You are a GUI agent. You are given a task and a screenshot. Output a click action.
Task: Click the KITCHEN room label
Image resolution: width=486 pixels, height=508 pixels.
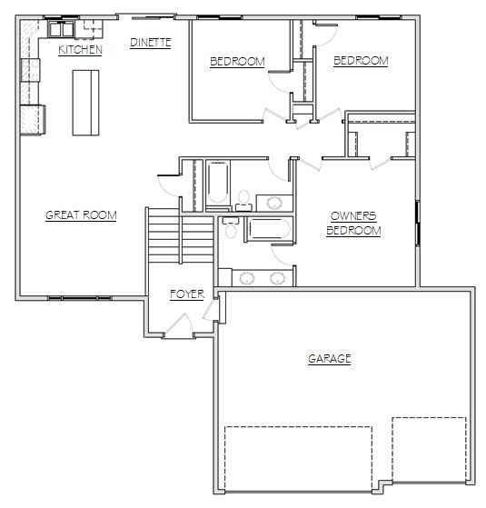[x=80, y=50]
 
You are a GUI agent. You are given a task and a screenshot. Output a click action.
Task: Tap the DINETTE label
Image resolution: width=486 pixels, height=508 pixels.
[x=151, y=43]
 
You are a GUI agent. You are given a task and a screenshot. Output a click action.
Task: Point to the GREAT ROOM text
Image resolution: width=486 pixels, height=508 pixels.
[x=81, y=215]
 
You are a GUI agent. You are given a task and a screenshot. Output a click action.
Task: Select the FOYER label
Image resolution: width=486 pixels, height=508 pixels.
[x=187, y=294]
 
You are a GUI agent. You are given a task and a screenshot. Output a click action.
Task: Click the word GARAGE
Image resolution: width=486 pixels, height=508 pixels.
[x=330, y=359]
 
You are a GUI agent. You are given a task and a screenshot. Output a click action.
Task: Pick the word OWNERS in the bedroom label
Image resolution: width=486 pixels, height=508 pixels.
[x=353, y=216]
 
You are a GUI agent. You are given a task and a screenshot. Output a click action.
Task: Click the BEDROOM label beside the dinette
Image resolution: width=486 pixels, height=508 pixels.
[x=237, y=61]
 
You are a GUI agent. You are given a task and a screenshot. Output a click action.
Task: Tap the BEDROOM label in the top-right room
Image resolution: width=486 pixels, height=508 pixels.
[x=361, y=61]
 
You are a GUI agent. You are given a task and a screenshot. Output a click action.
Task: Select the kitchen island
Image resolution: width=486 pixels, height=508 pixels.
[x=85, y=103]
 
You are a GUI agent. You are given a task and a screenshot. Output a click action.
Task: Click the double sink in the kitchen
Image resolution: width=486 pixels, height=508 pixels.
[x=62, y=30]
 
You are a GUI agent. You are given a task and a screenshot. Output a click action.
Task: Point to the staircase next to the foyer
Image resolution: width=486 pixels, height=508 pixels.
[x=180, y=235]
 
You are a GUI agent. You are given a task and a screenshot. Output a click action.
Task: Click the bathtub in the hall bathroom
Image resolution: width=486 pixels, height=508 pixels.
[x=218, y=184]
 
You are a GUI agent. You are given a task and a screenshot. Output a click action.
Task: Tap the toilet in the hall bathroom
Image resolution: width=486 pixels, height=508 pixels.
[x=243, y=201]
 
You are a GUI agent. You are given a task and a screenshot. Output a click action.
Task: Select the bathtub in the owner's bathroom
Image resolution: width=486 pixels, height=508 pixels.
[x=270, y=229]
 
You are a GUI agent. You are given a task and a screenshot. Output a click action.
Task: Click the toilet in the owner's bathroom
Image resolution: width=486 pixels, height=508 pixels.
[x=231, y=227]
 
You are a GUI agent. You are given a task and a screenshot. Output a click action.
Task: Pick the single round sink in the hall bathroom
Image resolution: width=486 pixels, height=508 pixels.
[x=274, y=203]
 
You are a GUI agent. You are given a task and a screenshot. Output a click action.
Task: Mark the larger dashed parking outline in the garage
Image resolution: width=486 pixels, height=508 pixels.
[x=298, y=459]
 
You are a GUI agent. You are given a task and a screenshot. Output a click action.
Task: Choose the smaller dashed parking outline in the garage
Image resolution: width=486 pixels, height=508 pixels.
[x=430, y=449]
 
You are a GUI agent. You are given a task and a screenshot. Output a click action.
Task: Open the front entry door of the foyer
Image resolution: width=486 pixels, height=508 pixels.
[x=178, y=325]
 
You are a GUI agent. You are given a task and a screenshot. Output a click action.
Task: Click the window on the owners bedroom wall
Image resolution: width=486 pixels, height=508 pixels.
[x=418, y=224]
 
